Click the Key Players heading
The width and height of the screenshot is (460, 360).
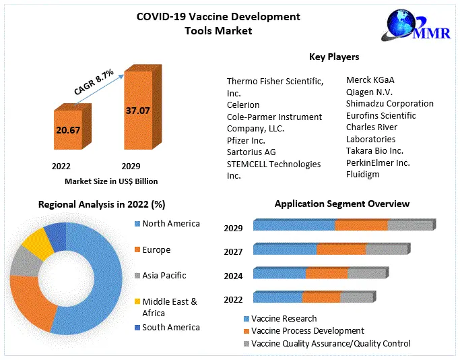(x=333, y=57)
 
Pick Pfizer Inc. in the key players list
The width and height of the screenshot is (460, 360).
(x=246, y=140)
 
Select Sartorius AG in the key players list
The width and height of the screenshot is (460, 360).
(x=251, y=152)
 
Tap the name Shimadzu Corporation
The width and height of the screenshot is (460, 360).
(x=389, y=104)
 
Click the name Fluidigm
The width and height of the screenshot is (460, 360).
(x=362, y=175)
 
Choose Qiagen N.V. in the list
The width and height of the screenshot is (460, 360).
(x=370, y=92)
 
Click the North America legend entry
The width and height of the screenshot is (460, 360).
(x=170, y=224)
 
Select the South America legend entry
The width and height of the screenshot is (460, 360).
(x=170, y=328)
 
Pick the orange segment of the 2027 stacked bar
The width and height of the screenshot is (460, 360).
(x=341, y=249)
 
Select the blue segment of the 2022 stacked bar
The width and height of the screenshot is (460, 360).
(x=277, y=297)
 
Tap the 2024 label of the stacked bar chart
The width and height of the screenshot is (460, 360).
(x=233, y=276)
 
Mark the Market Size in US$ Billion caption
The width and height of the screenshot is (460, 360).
(x=111, y=181)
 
